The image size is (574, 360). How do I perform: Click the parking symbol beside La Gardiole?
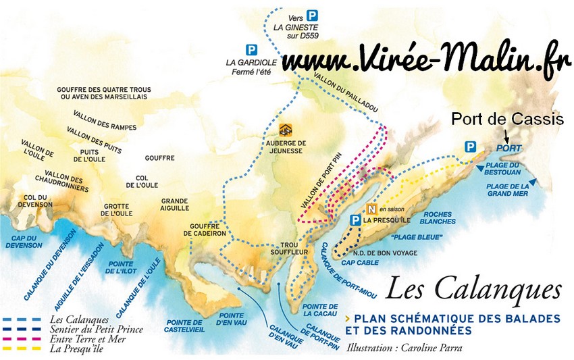coord(251,49)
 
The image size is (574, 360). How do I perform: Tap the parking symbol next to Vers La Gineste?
coord(312,15)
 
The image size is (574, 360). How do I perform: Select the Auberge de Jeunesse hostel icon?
coord(287,130)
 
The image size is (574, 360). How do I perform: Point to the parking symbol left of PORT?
coord(471,147)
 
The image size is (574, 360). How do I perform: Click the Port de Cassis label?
coord(507,120)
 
